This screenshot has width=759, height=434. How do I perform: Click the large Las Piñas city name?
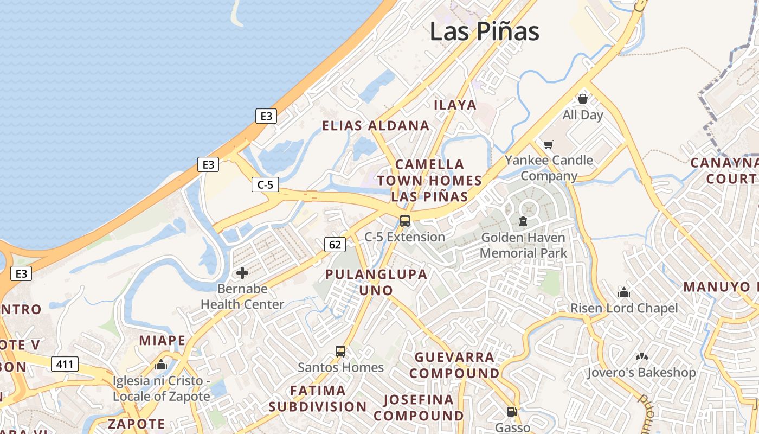[484, 31]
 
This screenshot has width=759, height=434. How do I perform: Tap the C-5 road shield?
[265, 184]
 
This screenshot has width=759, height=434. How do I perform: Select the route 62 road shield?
[335, 245]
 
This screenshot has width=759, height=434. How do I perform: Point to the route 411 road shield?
[65, 364]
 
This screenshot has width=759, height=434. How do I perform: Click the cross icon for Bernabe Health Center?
[242, 272]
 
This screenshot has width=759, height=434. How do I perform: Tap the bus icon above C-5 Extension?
[404, 221]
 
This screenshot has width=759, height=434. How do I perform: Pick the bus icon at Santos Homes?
[340, 352]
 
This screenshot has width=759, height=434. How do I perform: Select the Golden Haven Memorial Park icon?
[523, 221]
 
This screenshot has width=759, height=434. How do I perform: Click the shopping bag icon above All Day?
[583, 99]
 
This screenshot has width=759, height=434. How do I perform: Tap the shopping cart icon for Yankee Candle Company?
[549, 144]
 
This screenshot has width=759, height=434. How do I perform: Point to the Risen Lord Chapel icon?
[624, 293]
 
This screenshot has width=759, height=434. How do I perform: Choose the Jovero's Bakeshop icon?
[641, 357]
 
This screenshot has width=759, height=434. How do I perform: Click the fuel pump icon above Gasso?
[512, 412]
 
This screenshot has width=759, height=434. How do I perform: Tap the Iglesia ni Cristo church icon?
[161, 365]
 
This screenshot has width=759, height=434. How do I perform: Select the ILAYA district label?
[455, 105]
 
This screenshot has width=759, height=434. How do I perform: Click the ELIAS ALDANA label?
[376, 126]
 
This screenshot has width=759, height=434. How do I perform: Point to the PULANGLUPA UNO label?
[376, 282]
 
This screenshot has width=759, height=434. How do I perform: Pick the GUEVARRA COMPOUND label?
[454, 365]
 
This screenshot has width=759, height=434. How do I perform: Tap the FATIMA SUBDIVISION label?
[318, 398]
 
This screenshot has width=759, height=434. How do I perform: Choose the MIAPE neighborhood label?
[162, 341]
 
